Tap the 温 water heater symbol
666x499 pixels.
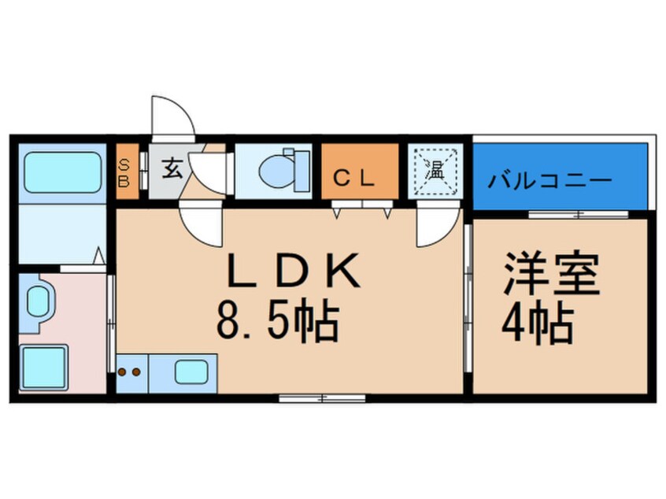tap(435, 169)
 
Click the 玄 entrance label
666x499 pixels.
tap(172, 168)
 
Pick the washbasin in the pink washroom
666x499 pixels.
tap(38, 302)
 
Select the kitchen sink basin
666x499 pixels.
tap(191, 371)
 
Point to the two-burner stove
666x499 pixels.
tap(130, 371)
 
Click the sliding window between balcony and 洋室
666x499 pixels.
tap(578, 214)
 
